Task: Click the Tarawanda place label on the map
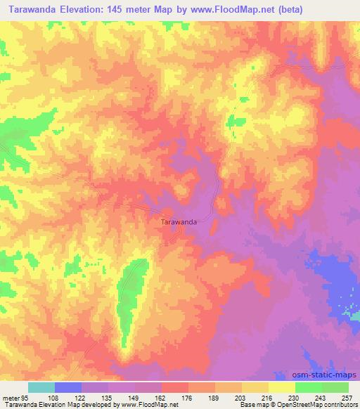[179, 222]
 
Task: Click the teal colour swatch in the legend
[41, 387]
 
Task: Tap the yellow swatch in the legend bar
[281, 387]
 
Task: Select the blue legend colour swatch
[68, 387]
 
